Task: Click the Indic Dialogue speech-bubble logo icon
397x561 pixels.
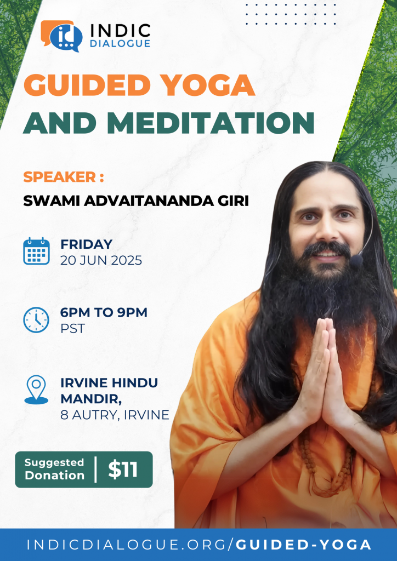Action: pos(61,36)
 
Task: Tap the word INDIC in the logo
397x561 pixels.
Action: pos(120,31)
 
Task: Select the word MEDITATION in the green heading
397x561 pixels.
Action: pos(211,123)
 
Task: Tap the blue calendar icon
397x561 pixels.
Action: pos(37,251)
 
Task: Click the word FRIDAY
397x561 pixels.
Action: pos(86,244)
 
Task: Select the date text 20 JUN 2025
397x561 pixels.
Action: pos(101,260)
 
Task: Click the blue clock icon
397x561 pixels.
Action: pos(36,319)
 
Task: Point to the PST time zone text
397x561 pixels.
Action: pos(72,329)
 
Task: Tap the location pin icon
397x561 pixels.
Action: pos(36,390)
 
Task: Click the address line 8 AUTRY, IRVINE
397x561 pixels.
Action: pos(115,415)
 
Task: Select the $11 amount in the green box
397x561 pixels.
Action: pos(123,470)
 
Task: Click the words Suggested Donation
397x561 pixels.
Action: pos(54,469)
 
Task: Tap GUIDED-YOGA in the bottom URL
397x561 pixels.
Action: pos(304,545)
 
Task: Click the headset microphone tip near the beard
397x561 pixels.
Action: pos(356,261)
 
